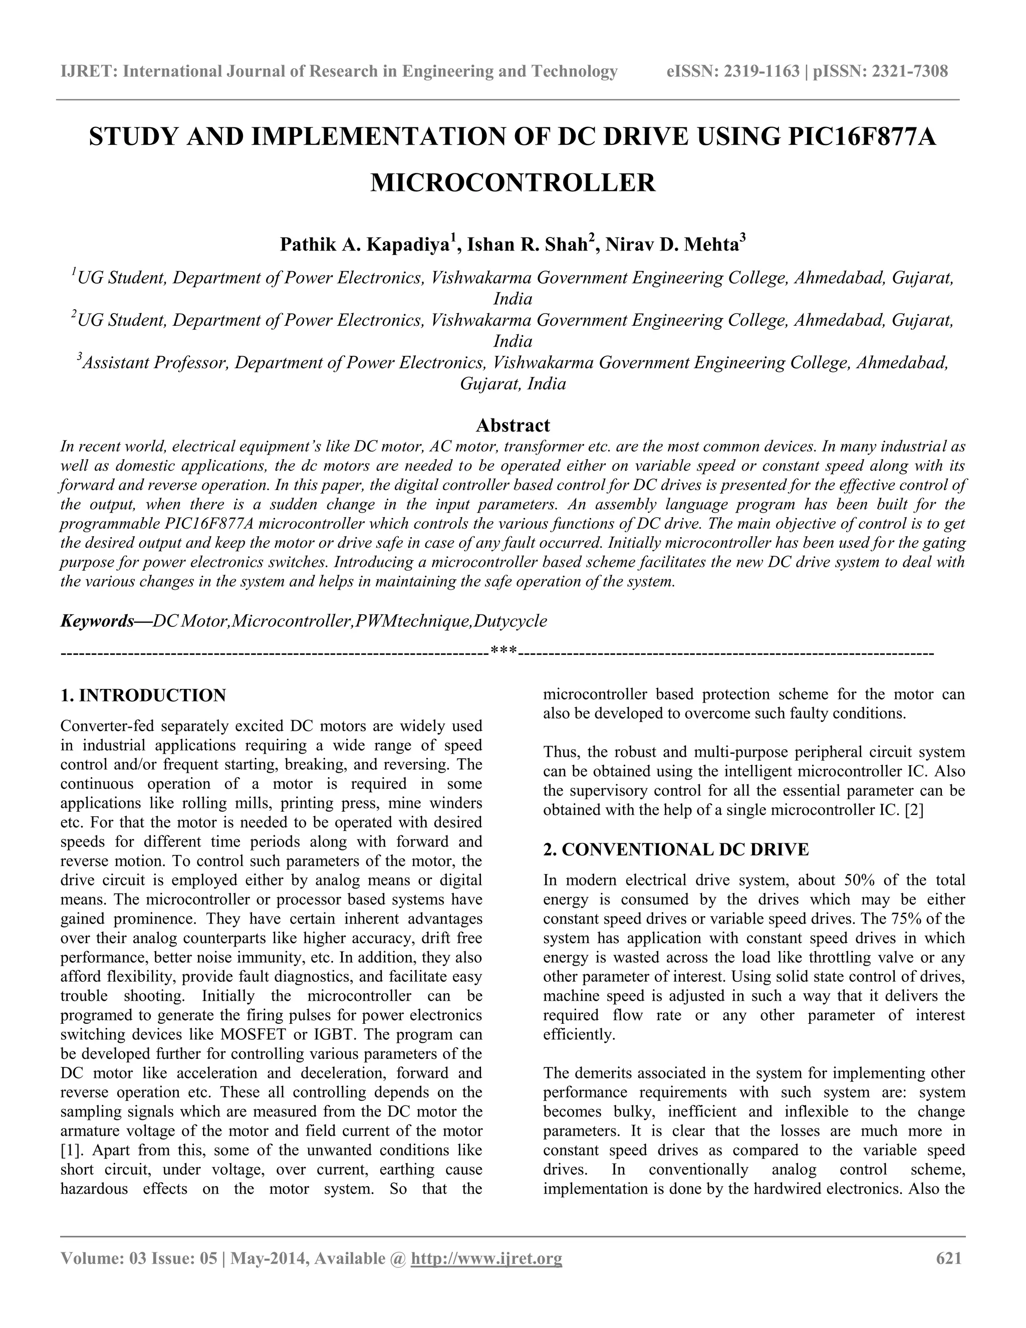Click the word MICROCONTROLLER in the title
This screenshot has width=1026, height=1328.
512,183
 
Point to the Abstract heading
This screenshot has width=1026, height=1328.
512,424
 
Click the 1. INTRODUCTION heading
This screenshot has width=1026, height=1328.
143,695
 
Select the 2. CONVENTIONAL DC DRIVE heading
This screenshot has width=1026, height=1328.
676,849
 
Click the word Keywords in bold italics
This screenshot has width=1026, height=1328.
97,621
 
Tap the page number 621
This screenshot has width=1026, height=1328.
949,1258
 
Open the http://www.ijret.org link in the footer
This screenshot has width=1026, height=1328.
486,1258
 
